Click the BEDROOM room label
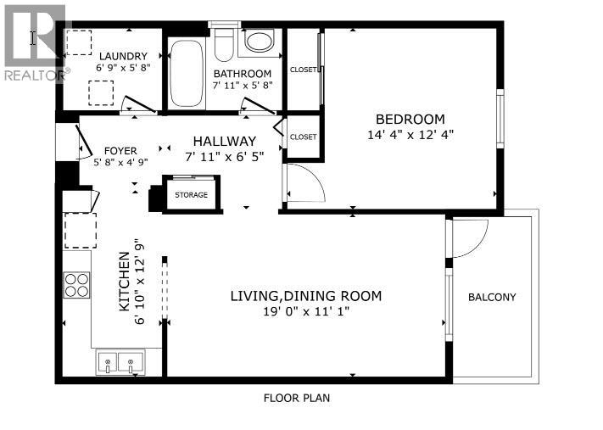click(x=410, y=119)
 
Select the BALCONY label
click(x=492, y=297)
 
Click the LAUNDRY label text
click(x=123, y=56)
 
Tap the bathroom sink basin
click(x=259, y=40)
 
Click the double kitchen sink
click(x=119, y=363)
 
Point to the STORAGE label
click(x=191, y=195)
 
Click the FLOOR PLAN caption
click(x=296, y=397)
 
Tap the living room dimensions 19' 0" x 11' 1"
click(x=306, y=312)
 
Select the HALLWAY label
click(x=225, y=141)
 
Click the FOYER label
click(x=120, y=151)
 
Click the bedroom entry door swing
click(x=303, y=181)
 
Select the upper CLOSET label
click(x=303, y=70)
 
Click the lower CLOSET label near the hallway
click(x=303, y=137)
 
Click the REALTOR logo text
click(x=34, y=75)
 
